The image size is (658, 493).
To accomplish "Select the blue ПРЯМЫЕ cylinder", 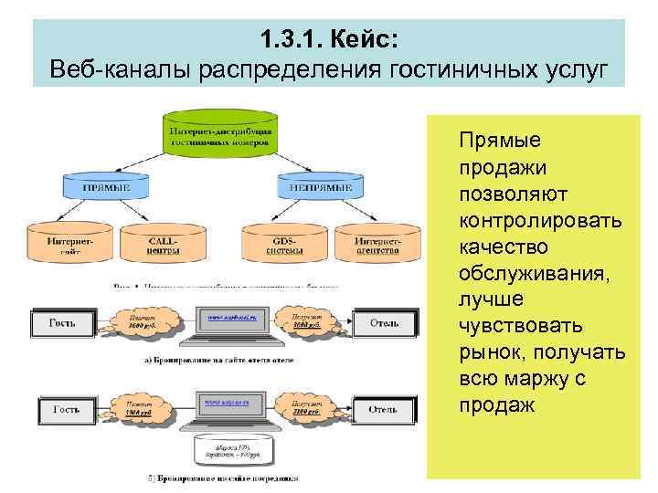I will (106, 187).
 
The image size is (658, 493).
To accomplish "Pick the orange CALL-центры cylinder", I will (162, 243).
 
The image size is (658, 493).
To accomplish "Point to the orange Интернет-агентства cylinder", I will (377, 243).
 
